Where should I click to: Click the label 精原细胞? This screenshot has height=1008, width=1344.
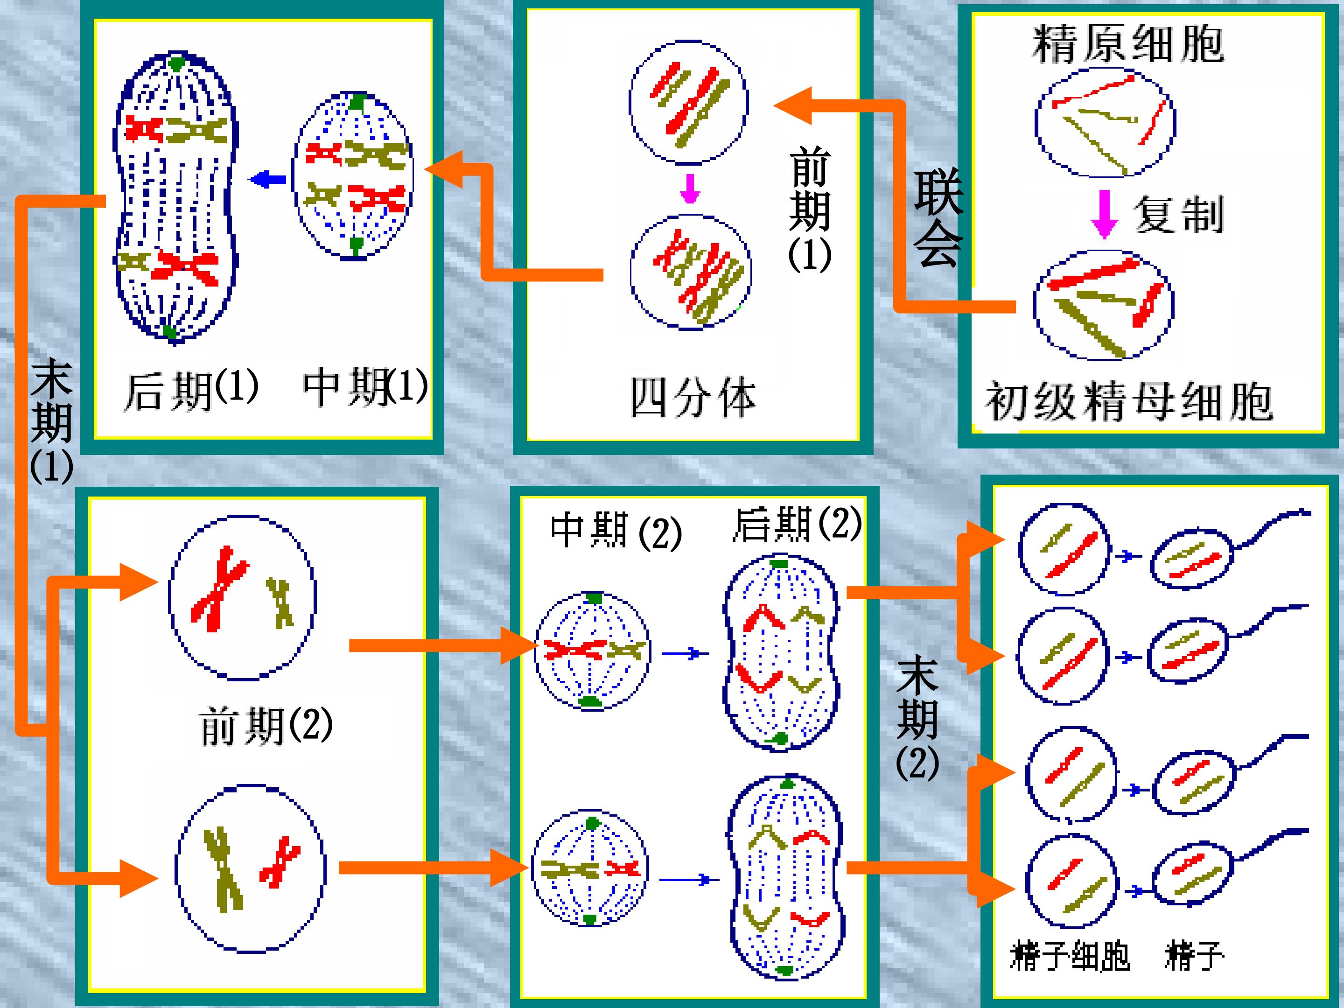click(1128, 44)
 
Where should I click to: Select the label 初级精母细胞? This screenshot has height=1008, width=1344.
click(1128, 401)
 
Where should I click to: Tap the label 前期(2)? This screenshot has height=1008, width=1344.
click(266, 725)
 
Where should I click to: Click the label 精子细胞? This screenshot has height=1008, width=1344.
click(1070, 956)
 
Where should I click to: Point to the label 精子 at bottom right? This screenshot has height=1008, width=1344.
click(1194, 956)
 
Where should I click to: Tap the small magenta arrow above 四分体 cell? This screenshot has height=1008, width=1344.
click(690, 189)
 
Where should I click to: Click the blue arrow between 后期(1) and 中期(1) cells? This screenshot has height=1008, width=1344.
click(267, 179)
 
